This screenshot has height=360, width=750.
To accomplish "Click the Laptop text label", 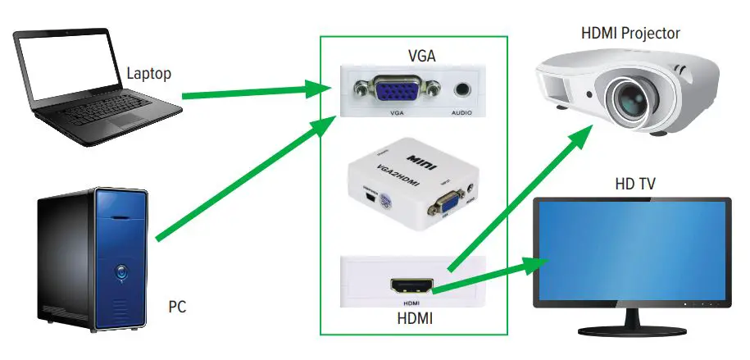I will click(x=148, y=74).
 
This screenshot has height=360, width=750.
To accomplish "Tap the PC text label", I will click(x=177, y=308).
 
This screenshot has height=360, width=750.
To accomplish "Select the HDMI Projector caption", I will click(x=630, y=34).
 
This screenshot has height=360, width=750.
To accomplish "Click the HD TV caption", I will click(x=634, y=185).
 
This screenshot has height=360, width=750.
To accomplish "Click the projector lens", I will click(x=629, y=99).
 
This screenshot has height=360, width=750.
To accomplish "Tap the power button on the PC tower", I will click(x=121, y=268).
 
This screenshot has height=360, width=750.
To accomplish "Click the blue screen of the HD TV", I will click(x=631, y=250).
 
